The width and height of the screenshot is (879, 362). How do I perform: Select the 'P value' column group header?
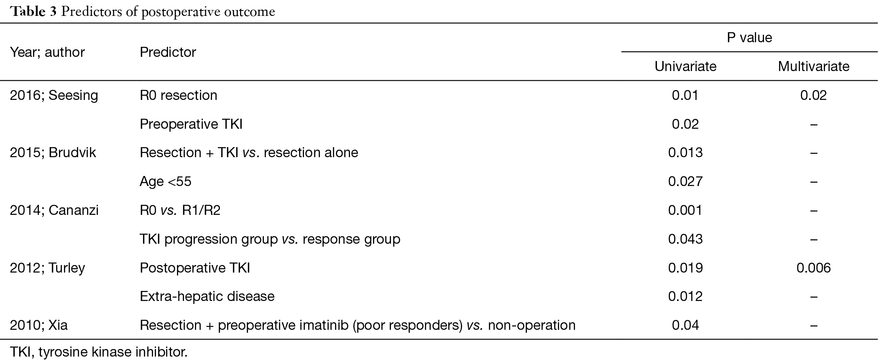tap(749, 38)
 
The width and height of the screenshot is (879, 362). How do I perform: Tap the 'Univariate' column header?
tap(685, 66)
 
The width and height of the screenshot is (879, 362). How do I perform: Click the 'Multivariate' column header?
tap(813, 66)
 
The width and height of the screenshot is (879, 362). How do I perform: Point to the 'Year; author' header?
tap(47, 52)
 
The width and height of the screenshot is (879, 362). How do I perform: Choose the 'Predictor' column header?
tap(168, 52)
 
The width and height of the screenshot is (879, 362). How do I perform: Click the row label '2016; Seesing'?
tap(54, 95)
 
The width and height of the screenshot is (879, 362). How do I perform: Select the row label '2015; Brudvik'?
tap(53, 153)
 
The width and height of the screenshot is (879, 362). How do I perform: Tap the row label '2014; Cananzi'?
tap(54, 210)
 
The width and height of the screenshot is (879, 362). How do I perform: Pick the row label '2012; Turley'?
tap(47, 268)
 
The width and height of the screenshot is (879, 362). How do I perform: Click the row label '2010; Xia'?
tap(38, 325)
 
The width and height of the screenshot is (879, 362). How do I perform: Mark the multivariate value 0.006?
tap(813, 268)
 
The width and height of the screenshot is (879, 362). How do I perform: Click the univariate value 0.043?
tap(685, 239)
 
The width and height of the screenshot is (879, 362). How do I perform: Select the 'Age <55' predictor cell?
tap(166, 181)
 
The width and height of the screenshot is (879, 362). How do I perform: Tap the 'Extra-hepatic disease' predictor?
tap(207, 296)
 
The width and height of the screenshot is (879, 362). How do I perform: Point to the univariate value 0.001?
tap(685, 210)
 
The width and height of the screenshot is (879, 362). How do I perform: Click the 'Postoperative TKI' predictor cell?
tap(195, 268)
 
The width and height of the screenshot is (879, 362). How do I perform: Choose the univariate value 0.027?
tap(685, 181)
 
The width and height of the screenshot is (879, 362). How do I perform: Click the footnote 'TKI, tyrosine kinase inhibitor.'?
tap(99, 352)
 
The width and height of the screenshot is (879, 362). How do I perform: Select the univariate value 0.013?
tap(685, 153)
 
